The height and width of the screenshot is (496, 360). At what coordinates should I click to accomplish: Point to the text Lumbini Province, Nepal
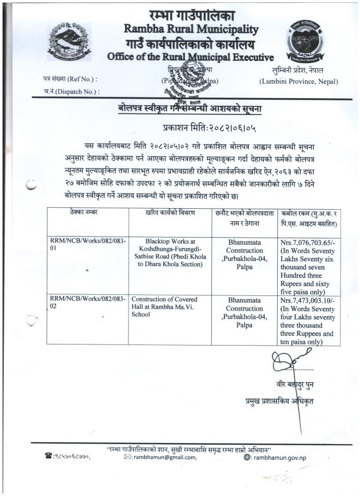[x=298, y=82]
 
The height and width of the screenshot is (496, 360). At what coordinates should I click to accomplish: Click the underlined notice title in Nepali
[x=184, y=108]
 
